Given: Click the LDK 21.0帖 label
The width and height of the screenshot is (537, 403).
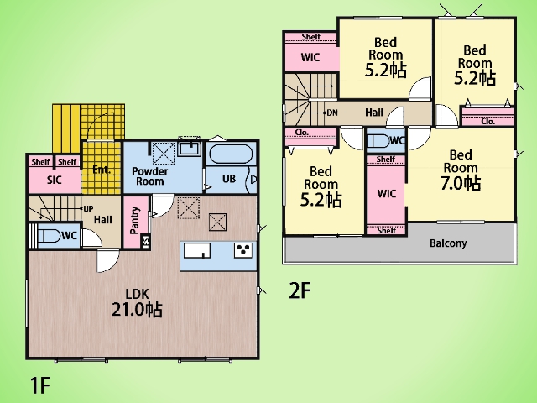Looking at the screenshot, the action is [x=137, y=303].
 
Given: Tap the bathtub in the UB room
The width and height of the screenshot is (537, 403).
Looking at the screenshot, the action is [x=231, y=154].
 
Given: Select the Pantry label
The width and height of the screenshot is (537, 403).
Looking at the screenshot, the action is [x=135, y=220].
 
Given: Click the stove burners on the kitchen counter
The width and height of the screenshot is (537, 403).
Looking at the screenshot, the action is [x=243, y=250].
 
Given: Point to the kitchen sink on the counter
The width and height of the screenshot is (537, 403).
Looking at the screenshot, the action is [x=197, y=250].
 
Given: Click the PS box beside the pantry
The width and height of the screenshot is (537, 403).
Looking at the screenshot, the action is [x=146, y=241].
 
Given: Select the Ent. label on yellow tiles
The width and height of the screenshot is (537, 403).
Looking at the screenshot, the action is [x=102, y=170].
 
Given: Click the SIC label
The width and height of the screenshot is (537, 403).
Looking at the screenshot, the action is [x=54, y=180].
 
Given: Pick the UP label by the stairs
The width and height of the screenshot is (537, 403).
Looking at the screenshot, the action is [x=88, y=209].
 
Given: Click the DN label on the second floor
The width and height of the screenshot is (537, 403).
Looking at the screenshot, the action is [x=332, y=113].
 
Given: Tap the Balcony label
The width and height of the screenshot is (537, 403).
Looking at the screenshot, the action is [x=448, y=243].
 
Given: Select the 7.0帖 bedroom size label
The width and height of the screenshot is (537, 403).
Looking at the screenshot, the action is [x=461, y=183].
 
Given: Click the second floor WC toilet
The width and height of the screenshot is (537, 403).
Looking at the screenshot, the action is [x=378, y=141].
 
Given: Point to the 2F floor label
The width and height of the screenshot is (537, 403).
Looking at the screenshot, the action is [x=300, y=291].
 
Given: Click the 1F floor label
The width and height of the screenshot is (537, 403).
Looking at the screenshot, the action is [x=40, y=385].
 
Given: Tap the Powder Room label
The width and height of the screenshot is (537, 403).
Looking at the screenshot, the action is [x=149, y=176].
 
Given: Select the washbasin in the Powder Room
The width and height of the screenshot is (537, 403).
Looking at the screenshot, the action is [x=189, y=149].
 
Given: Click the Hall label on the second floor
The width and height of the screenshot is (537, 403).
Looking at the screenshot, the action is [x=374, y=113].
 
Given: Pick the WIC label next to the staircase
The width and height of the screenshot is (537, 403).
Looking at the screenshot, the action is [x=310, y=57].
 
